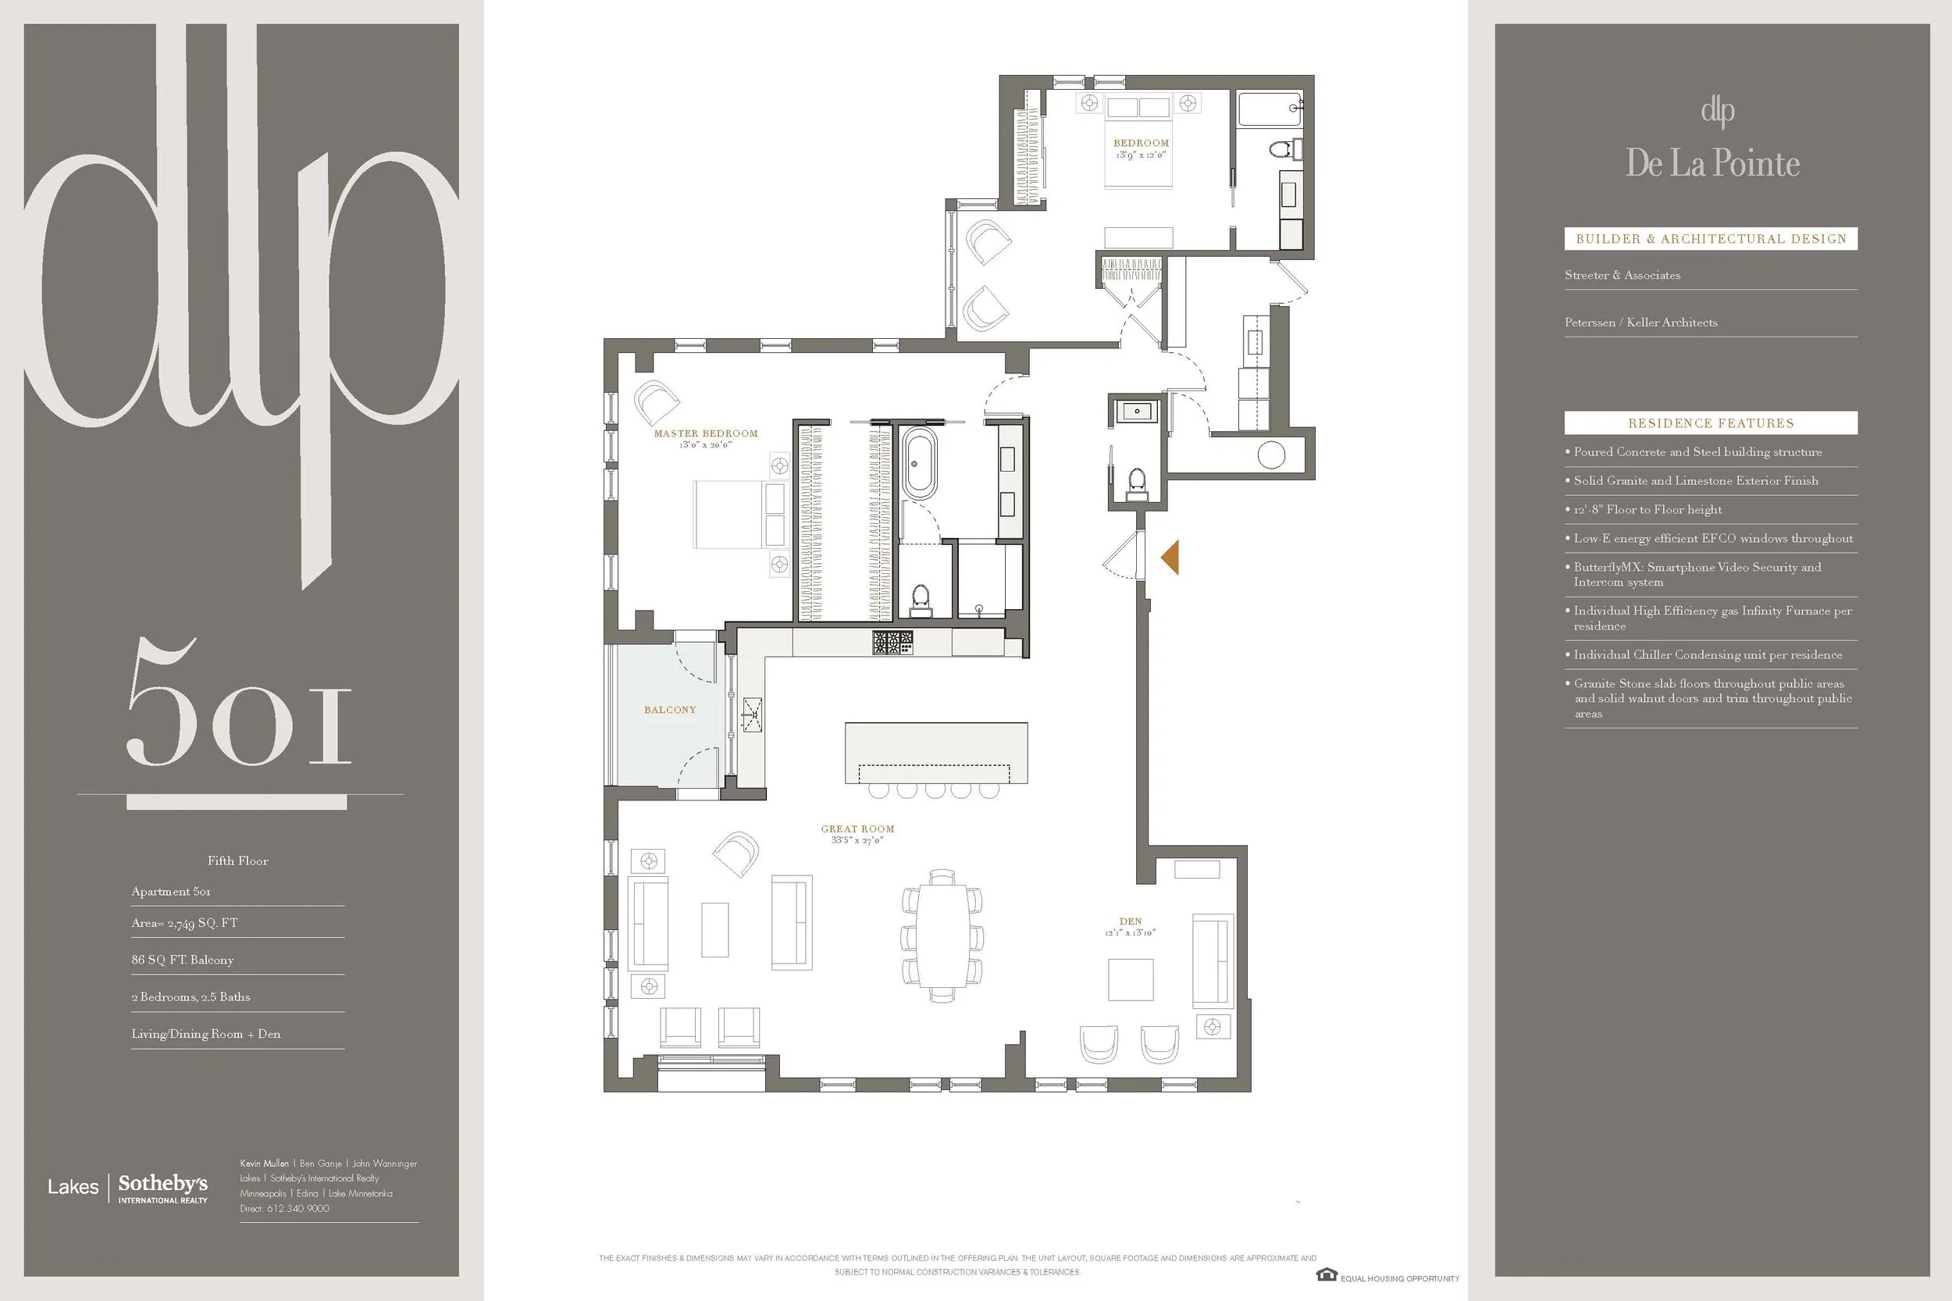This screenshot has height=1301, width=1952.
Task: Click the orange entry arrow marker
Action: pos(1170,557)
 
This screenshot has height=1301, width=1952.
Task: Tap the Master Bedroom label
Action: pos(706,433)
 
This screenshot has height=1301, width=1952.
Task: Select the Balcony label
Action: pos(670,709)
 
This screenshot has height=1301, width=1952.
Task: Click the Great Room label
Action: pos(858,828)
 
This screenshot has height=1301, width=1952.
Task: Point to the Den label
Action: pos(1131,921)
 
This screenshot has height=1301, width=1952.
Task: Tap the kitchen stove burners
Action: pos(892,641)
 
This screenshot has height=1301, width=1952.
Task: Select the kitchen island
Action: pos(935,753)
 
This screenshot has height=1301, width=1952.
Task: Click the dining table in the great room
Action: pos(942,934)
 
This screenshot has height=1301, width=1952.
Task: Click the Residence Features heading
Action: pos(1711,423)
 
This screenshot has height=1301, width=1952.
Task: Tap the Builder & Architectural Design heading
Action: pos(1711,239)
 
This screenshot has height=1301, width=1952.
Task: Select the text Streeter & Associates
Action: pos(1622,275)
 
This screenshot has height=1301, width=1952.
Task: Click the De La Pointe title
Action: pos(1712,163)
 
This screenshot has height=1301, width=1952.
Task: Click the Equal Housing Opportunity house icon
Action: pos(1326,1275)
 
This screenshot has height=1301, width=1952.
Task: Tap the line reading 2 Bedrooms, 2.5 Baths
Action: pos(191,996)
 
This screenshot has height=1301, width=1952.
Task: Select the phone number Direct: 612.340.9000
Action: pos(284,1208)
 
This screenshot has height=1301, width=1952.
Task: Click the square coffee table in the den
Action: pos(1131,980)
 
